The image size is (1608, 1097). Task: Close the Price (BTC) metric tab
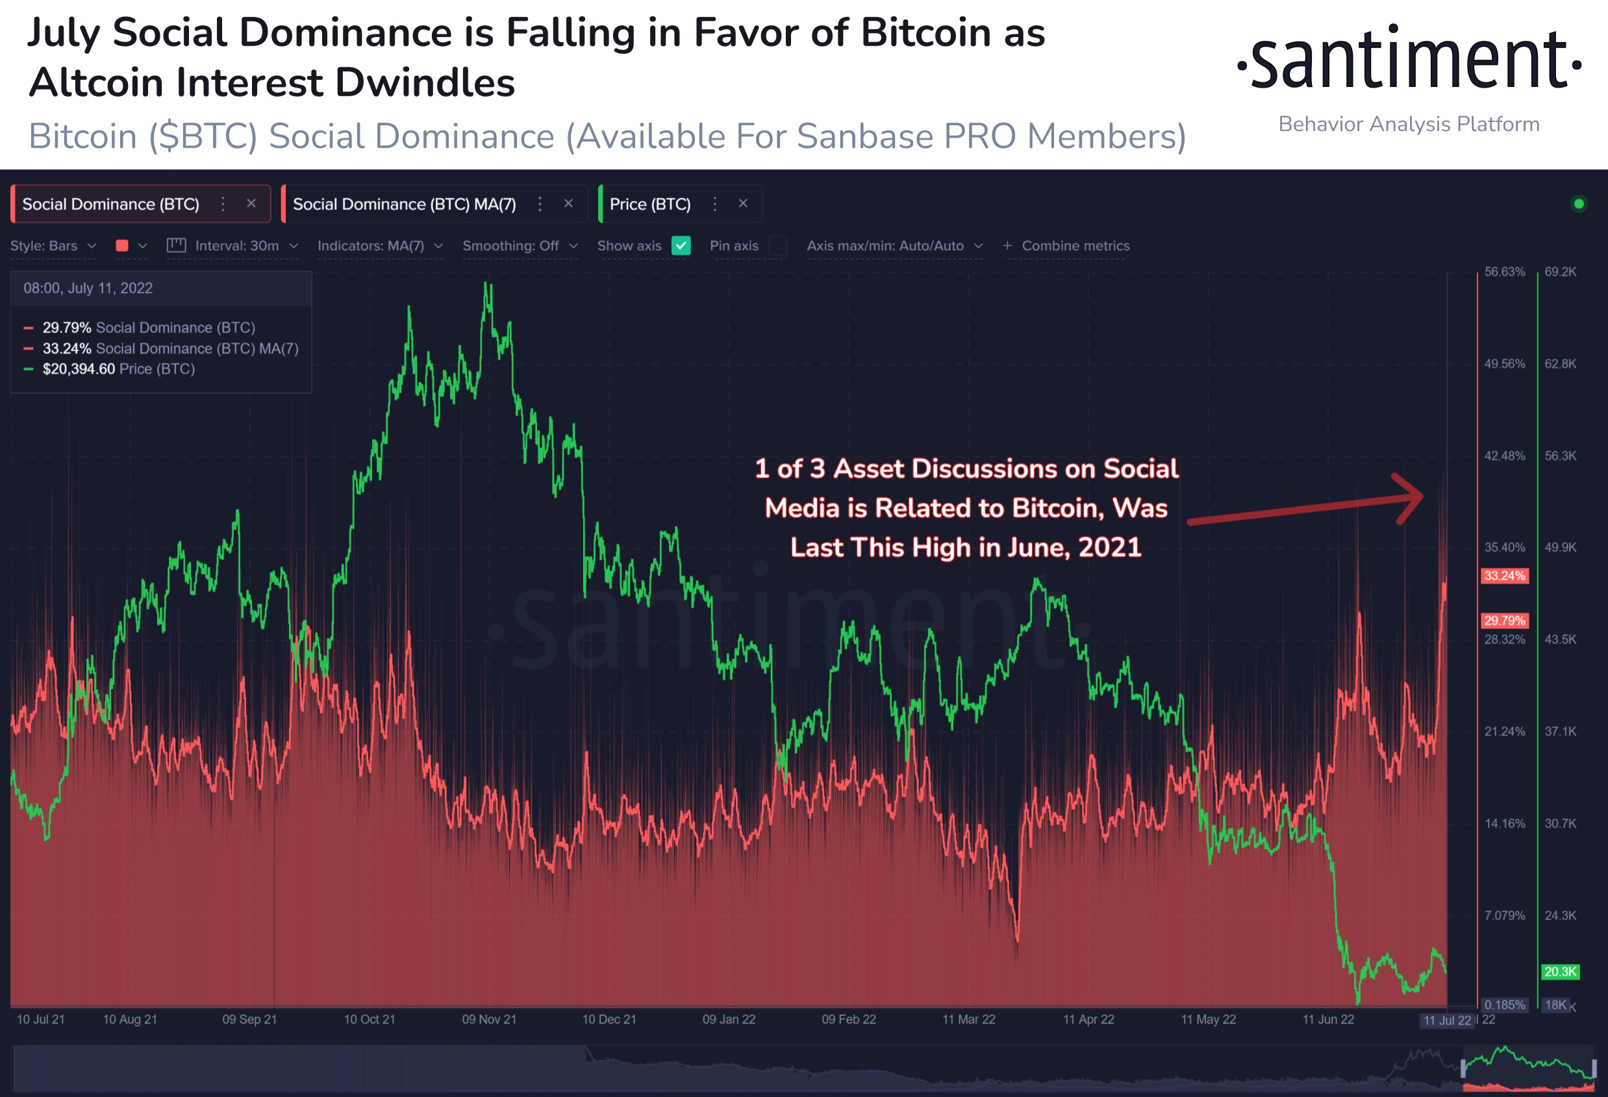click(x=743, y=203)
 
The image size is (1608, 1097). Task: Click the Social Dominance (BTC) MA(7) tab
click(x=404, y=204)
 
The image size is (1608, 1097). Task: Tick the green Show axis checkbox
click(x=681, y=245)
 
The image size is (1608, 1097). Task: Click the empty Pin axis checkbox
click(x=778, y=245)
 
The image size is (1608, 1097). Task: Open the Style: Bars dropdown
click(x=53, y=245)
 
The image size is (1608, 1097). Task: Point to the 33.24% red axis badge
click(x=1503, y=576)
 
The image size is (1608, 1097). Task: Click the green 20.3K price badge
click(x=1559, y=971)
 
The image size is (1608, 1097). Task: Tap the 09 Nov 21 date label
click(x=489, y=1019)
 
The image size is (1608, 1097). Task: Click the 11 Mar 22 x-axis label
click(x=968, y=1019)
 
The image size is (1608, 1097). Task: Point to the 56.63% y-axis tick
click(x=1504, y=272)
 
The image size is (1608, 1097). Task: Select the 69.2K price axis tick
click(x=1560, y=272)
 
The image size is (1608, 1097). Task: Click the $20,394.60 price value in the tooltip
click(x=79, y=369)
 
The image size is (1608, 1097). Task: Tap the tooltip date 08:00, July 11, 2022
click(x=88, y=288)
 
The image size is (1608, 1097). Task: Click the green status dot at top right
click(x=1578, y=203)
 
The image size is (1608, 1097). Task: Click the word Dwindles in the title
click(x=425, y=83)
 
